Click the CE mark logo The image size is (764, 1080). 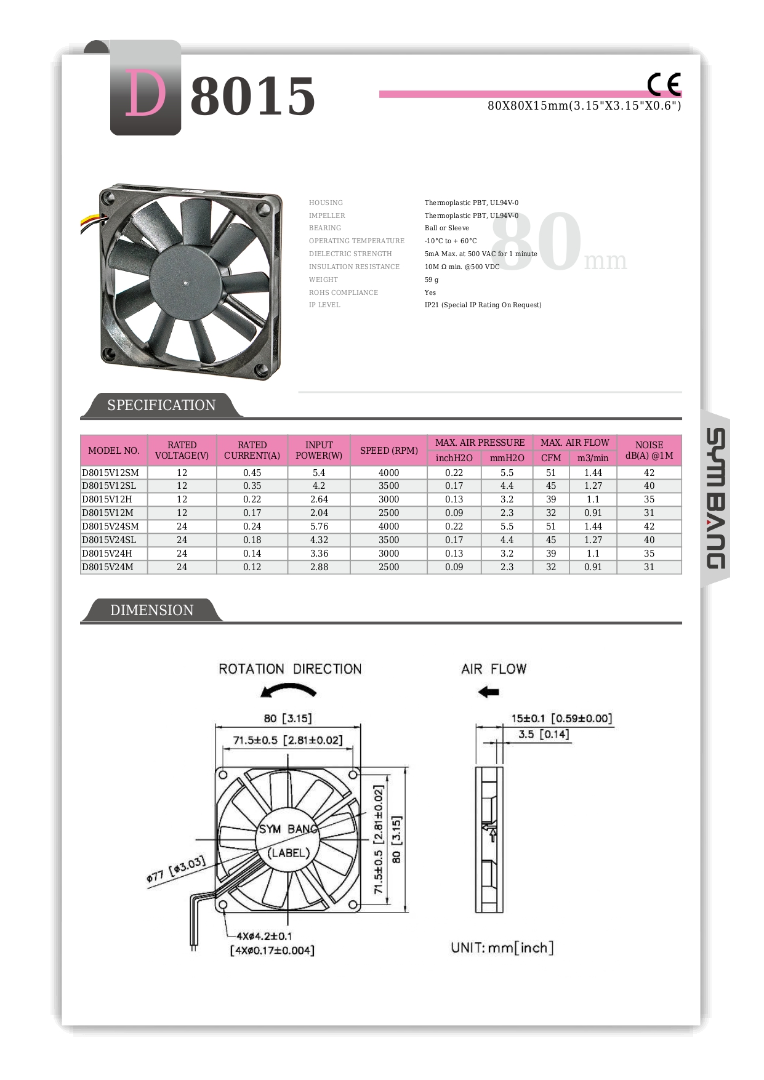(x=664, y=84)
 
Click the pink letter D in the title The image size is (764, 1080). (x=146, y=94)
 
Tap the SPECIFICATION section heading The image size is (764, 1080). (x=161, y=405)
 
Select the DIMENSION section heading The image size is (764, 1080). (x=151, y=610)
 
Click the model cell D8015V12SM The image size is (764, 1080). (x=111, y=473)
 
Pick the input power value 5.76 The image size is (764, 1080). (x=319, y=526)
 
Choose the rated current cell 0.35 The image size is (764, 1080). (x=252, y=486)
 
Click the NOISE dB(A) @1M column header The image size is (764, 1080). (x=649, y=450)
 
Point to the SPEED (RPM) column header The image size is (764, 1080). (x=388, y=450)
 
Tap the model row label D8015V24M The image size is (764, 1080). (x=108, y=567)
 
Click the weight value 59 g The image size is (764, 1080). (x=432, y=280)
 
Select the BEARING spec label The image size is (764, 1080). (x=325, y=228)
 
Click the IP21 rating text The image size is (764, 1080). (x=483, y=305)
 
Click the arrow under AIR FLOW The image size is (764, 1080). (x=489, y=692)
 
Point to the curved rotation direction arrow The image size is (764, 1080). (x=288, y=691)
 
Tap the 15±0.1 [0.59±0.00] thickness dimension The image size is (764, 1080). (x=561, y=719)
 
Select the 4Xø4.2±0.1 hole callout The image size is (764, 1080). (x=264, y=936)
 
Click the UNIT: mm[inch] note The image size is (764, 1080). (x=502, y=948)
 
